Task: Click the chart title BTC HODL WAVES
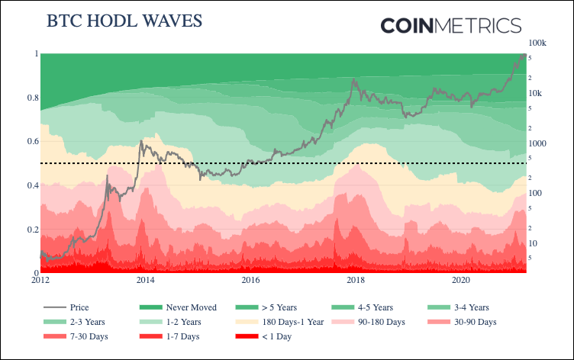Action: click(124, 21)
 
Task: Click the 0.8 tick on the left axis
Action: click(31, 98)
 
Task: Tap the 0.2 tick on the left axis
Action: click(31, 230)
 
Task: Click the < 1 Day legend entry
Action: click(278, 336)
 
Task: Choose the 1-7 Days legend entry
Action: click(182, 336)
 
